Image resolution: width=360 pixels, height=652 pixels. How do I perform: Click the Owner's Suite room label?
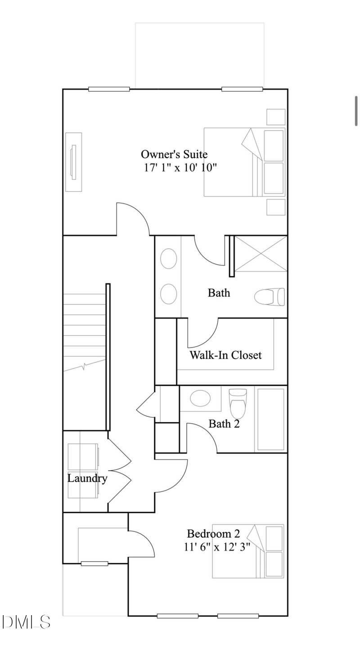[174, 155]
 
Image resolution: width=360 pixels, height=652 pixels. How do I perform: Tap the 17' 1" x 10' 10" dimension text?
[180, 168]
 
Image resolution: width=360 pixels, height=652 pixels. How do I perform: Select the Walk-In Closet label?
[225, 355]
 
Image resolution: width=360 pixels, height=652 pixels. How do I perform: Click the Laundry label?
[87, 478]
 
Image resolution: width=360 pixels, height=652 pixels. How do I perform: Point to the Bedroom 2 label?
[213, 534]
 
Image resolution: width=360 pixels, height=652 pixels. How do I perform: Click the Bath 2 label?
[224, 424]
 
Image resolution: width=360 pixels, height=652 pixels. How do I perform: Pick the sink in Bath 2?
[201, 399]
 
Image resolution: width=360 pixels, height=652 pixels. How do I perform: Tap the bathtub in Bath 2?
[270, 419]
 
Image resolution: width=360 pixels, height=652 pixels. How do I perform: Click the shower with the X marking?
[261, 254]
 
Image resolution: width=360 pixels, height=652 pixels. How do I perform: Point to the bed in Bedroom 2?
[248, 551]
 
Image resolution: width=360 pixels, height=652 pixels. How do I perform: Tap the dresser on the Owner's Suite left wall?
[73, 162]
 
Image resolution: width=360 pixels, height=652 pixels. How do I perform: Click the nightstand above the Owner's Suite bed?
[275, 117]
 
